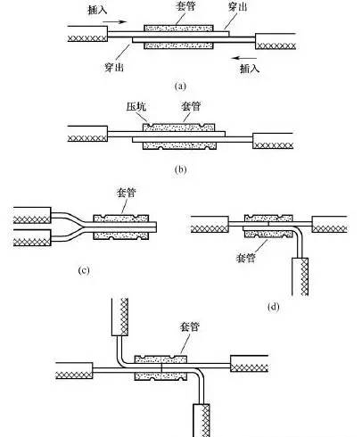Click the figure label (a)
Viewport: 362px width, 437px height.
coord(180,87)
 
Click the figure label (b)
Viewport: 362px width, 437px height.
coord(180,169)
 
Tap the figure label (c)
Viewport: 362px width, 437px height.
coord(84,270)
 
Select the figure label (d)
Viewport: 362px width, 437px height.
coord(273,307)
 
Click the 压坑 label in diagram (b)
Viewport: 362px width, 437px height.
coord(136,106)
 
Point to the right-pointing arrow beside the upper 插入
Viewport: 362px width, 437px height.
coord(115,21)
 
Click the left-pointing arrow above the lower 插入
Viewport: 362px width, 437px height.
coord(244,58)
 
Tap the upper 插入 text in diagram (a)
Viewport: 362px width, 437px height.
coord(97,10)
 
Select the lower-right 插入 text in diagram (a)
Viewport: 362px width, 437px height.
coord(250,69)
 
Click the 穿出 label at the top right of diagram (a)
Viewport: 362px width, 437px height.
coord(238,6)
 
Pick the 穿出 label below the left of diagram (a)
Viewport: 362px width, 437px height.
coord(114,67)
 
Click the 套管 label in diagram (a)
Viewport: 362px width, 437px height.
coord(185,6)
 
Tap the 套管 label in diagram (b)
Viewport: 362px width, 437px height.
coord(191,106)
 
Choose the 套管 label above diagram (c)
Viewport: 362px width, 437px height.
coord(126,193)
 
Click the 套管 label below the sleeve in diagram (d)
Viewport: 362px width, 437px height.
coord(245,258)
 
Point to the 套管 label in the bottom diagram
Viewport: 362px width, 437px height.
coord(189,326)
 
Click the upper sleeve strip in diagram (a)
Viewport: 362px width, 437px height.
coord(178,29)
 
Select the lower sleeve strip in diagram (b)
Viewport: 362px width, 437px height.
coord(179,145)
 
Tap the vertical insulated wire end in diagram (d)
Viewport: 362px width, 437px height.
coord(300,276)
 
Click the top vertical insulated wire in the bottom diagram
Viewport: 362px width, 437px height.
coord(119,317)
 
